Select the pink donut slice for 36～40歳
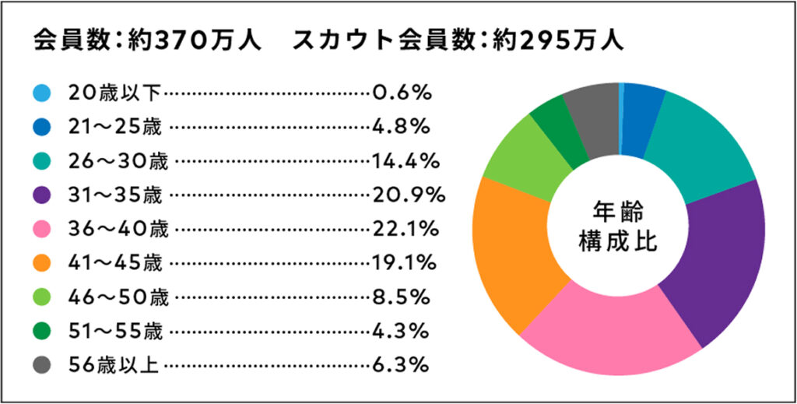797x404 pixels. click(615, 335)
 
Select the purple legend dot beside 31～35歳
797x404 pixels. click(42, 195)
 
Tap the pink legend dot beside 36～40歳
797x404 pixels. click(42, 229)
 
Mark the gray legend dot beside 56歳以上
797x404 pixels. click(42, 364)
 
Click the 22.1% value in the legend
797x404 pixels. click(403, 229)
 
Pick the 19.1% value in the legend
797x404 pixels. click(403, 263)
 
